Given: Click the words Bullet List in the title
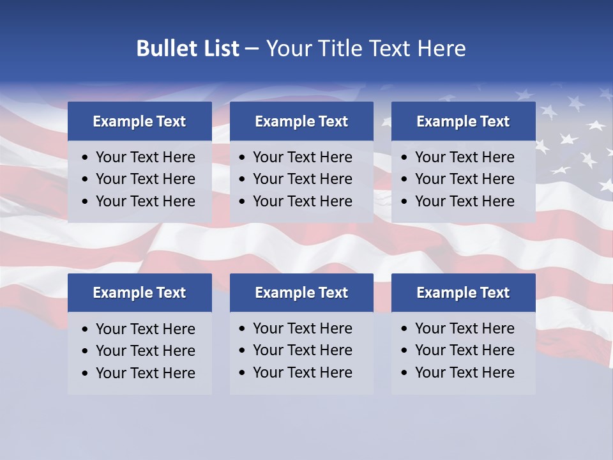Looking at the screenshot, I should (x=188, y=49).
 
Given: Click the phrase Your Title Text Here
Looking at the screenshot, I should (x=366, y=49).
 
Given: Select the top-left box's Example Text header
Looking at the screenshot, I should (x=139, y=121).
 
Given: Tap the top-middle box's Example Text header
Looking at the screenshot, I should (x=301, y=121).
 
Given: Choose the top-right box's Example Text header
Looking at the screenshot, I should (x=463, y=121).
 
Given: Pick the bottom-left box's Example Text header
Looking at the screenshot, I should (x=139, y=293).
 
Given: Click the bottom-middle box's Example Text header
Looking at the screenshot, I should (x=301, y=293).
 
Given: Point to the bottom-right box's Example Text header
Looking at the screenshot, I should (x=463, y=293).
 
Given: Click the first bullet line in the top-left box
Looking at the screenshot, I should (x=145, y=157).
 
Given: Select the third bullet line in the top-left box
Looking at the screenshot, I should (x=145, y=201).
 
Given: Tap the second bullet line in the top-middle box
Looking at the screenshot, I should (x=302, y=179).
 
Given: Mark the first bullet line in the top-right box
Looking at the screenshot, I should (x=464, y=157).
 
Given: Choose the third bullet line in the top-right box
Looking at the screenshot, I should (x=464, y=201).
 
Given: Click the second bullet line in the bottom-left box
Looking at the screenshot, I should (x=145, y=351).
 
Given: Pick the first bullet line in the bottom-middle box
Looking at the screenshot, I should (x=302, y=328).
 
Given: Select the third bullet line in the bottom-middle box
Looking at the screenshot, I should (x=302, y=372).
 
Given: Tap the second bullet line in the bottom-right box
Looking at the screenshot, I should (x=464, y=350).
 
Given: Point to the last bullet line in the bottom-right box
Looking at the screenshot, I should (x=464, y=372).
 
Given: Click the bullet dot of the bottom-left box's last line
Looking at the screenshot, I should (x=86, y=374).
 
